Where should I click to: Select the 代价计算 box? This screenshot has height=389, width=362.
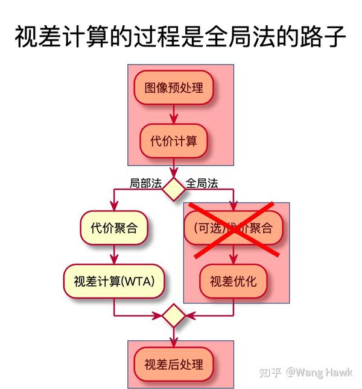click(x=174, y=141)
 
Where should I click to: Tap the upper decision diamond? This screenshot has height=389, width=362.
click(x=174, y=188)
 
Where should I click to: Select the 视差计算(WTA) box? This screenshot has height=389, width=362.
click(x=114, y=281)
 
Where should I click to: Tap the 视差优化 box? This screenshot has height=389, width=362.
click(x=233, y=281)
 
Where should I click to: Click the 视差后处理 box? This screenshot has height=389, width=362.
click(x=174, y=364)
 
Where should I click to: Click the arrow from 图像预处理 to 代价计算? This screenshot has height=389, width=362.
click(x=174, y=114)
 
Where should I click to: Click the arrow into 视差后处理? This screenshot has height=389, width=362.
click(x=174, y=337)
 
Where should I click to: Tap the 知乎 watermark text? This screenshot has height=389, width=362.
click(x=270, y=372)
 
